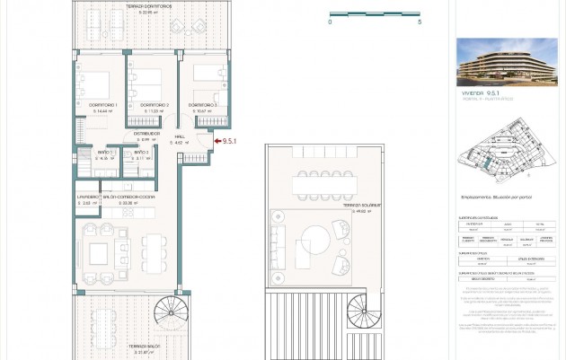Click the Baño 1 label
[105, 153]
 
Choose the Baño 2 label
[141, 153]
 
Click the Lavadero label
[87, 197]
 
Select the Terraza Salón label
[144, 346]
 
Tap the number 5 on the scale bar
[420, 22]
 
